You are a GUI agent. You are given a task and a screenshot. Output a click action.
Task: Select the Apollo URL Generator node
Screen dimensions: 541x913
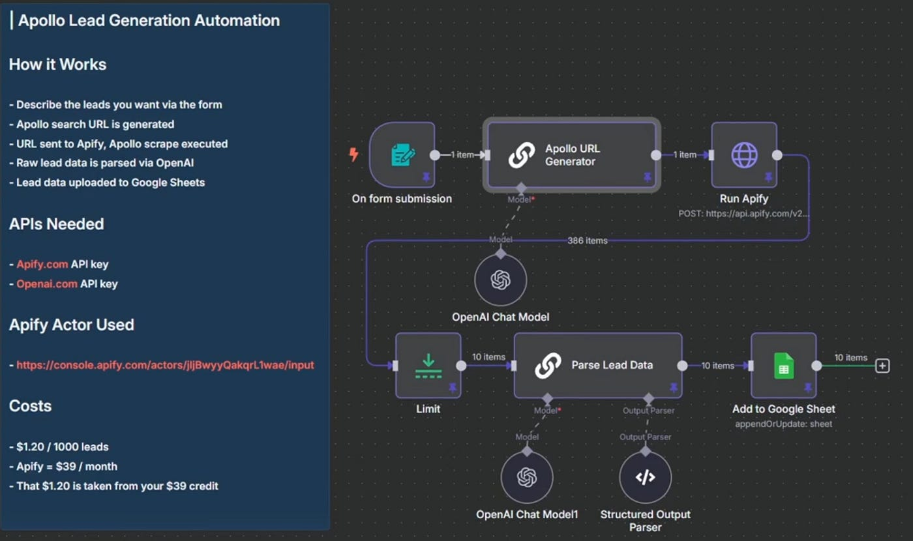point(571,155)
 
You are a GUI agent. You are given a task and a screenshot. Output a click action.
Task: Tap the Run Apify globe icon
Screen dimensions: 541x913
point(744,155)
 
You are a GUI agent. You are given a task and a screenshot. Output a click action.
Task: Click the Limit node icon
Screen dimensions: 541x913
point(428,366)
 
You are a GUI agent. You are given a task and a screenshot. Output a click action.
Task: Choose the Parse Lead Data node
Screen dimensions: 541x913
point(598,366)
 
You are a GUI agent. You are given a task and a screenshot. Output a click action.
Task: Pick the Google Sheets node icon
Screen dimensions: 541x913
point(783,366)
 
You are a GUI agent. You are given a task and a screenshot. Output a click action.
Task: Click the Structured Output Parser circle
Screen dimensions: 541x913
point(645,478)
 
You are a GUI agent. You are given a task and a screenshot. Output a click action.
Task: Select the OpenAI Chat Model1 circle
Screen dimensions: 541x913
point(527,478)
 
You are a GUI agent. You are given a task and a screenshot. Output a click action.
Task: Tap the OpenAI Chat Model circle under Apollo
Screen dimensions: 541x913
point(500,280)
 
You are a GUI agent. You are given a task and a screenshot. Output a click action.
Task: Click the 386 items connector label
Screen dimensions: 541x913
point(587,241)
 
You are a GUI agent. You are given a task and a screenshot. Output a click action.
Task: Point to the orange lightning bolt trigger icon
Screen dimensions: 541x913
point(354,154)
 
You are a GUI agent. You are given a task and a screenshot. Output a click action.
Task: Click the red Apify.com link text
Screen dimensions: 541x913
point(42,265)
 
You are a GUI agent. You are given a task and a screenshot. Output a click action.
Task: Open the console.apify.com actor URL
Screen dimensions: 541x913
point(165,365)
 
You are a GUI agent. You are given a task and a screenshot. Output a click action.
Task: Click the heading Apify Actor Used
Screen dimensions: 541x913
point(72,325)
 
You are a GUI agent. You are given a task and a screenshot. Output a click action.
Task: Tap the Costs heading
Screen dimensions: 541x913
point(30,405)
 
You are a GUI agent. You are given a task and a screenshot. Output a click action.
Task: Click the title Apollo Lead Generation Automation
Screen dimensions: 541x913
point(149,20)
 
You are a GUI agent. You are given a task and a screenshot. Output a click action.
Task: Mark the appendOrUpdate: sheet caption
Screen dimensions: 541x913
point(783,424)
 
